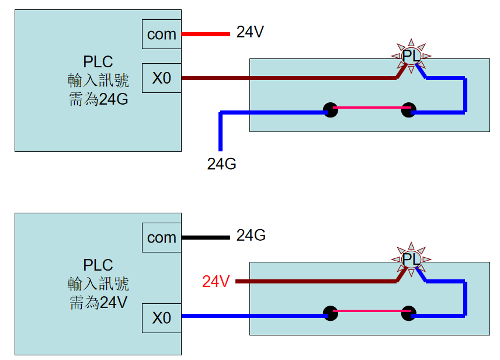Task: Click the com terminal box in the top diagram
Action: click(x=162, y=34)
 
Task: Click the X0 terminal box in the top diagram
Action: click(x=162, y=78)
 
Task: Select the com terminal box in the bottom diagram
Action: click(x=162, y=237)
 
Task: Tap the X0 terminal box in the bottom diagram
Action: click(x=162, y=318)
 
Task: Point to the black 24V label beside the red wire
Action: click(x=251, y=32)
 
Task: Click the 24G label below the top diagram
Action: click(x=221, y=164)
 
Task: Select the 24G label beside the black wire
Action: click(x=251, y=236)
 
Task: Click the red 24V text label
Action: click(x=216, y=282)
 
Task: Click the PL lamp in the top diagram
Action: click(x=411, y=56)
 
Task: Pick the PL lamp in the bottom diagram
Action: click(x=411, y=259)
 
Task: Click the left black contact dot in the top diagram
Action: click(x=331, y=109)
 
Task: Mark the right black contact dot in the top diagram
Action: click(x=408, y=109)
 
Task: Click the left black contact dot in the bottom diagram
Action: click(x=331, y=313)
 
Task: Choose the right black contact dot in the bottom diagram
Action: click(x=408, y=313)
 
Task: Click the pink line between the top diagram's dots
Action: click(x=369, y=108)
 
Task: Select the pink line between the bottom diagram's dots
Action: click(x=369, y=311)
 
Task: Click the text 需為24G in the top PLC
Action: click(x=98, y=99)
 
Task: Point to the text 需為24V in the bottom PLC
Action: click(x=98, y=302)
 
